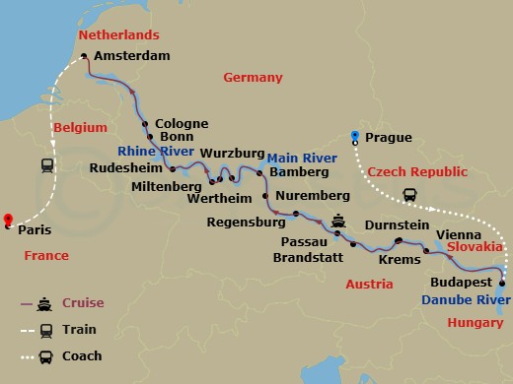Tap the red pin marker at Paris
pos(7,221)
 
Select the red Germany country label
pos(253,78)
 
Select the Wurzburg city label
pos(234,155)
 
